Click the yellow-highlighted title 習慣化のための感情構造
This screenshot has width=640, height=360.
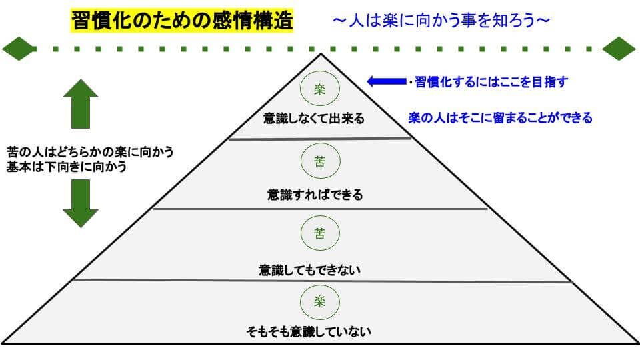[x=181, y=21]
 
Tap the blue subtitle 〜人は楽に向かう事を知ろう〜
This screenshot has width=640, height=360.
[x=441, y=21]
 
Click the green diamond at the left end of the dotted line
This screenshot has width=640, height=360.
[x=19, y=49]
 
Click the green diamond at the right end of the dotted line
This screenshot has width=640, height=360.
[x=619, y=49]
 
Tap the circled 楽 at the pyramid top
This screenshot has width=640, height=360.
[x=320, y=89]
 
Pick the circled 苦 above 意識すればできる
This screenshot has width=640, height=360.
[x=320, y=162]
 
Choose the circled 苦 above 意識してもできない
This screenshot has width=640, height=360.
[x=320, y=233]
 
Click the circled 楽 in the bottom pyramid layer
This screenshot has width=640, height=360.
[x=320, y=301]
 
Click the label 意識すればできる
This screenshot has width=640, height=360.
[x=315, y=195]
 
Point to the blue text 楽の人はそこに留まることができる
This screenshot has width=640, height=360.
[x=500, y=118]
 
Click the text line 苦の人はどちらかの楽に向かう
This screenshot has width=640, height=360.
[x=90, y=152]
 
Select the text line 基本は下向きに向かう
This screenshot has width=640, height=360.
[x=67, y=167]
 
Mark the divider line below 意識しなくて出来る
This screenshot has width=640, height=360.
[x=320, y=139]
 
